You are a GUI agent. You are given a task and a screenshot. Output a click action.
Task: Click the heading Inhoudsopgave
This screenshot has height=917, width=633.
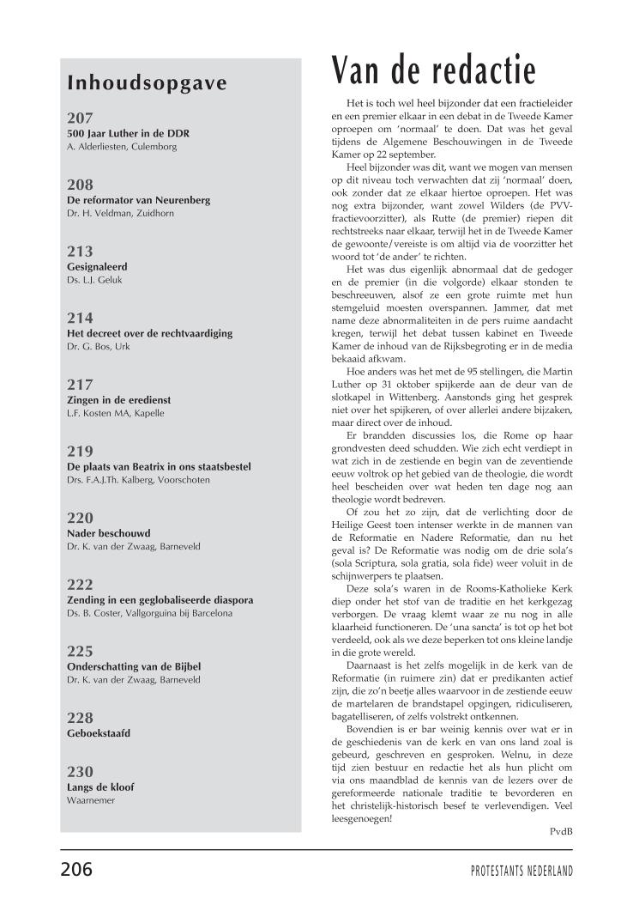coord(147,83)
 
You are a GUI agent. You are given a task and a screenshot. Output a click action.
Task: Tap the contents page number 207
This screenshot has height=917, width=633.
coord(80,118)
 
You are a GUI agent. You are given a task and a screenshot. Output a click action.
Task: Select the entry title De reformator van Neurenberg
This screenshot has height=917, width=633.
coord(138,200)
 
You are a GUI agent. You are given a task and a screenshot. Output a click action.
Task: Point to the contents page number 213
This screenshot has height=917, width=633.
coord(80,252)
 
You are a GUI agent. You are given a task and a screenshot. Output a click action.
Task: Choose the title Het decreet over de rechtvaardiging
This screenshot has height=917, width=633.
coord(149,333)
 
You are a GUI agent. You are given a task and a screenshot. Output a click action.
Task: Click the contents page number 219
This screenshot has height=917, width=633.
coord(80,451)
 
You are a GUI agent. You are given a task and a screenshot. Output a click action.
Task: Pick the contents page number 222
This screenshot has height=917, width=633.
coord(80,584)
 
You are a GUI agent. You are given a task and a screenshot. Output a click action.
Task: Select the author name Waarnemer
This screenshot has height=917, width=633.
coord(91,800)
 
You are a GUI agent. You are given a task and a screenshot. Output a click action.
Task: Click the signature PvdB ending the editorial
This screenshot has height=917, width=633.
coord(561,830)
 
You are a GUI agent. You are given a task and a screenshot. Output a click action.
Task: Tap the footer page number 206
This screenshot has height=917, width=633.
coord(76,869)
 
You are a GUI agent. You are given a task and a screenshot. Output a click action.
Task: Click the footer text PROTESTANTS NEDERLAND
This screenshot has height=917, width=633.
coord(521,871)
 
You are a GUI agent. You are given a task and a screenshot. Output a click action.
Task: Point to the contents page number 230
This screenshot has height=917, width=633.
coord(80,771)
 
